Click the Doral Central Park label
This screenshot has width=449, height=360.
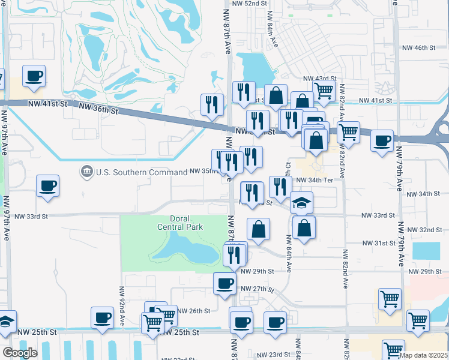click(180, 223)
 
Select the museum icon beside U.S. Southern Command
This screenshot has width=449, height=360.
click(88, 172)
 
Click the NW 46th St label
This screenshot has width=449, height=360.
click(418, 47)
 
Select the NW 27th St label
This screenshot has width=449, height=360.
click(258, 289)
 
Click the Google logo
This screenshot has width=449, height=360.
click(20, 353)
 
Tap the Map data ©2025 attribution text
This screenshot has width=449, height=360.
click(423, 355)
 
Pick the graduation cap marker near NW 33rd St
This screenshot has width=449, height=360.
click(302, 203)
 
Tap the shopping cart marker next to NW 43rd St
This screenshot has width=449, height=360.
click(324, 91)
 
